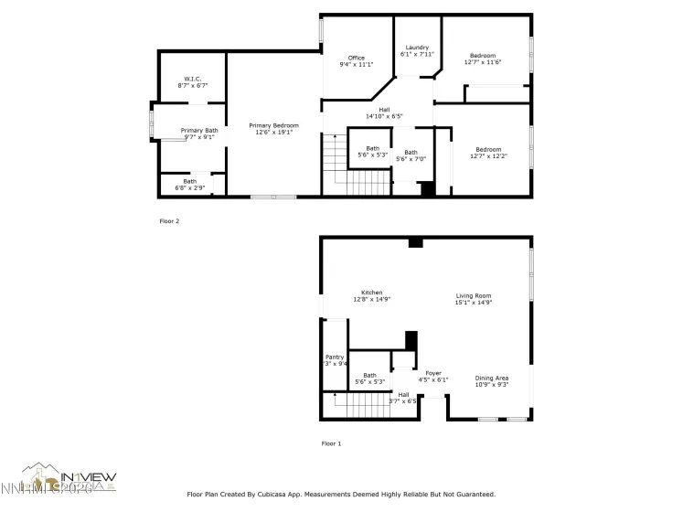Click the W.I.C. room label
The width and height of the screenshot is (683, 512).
coord(192,79)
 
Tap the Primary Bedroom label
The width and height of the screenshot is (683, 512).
coord(274,125)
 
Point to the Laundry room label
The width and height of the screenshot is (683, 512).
coord(417,48)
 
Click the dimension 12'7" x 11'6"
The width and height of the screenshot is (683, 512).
coord(483,62)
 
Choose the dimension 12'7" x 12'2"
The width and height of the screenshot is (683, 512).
coord(487,156)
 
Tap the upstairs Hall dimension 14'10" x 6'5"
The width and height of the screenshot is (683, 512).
coord(384,116)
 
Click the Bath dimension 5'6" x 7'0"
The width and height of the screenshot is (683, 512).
coord(411,159)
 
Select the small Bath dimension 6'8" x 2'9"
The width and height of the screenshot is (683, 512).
coord(189,188)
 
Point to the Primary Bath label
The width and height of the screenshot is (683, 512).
coord(198,131)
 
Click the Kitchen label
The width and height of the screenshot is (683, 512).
coord(371,293)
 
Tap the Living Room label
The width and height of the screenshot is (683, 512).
coord(475,295)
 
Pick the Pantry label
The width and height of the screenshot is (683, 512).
coord(335,357)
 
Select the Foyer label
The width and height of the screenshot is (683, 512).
coord(433,372)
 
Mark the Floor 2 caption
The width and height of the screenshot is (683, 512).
coord(169,220)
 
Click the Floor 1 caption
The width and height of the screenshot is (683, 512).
coord(331,443)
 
